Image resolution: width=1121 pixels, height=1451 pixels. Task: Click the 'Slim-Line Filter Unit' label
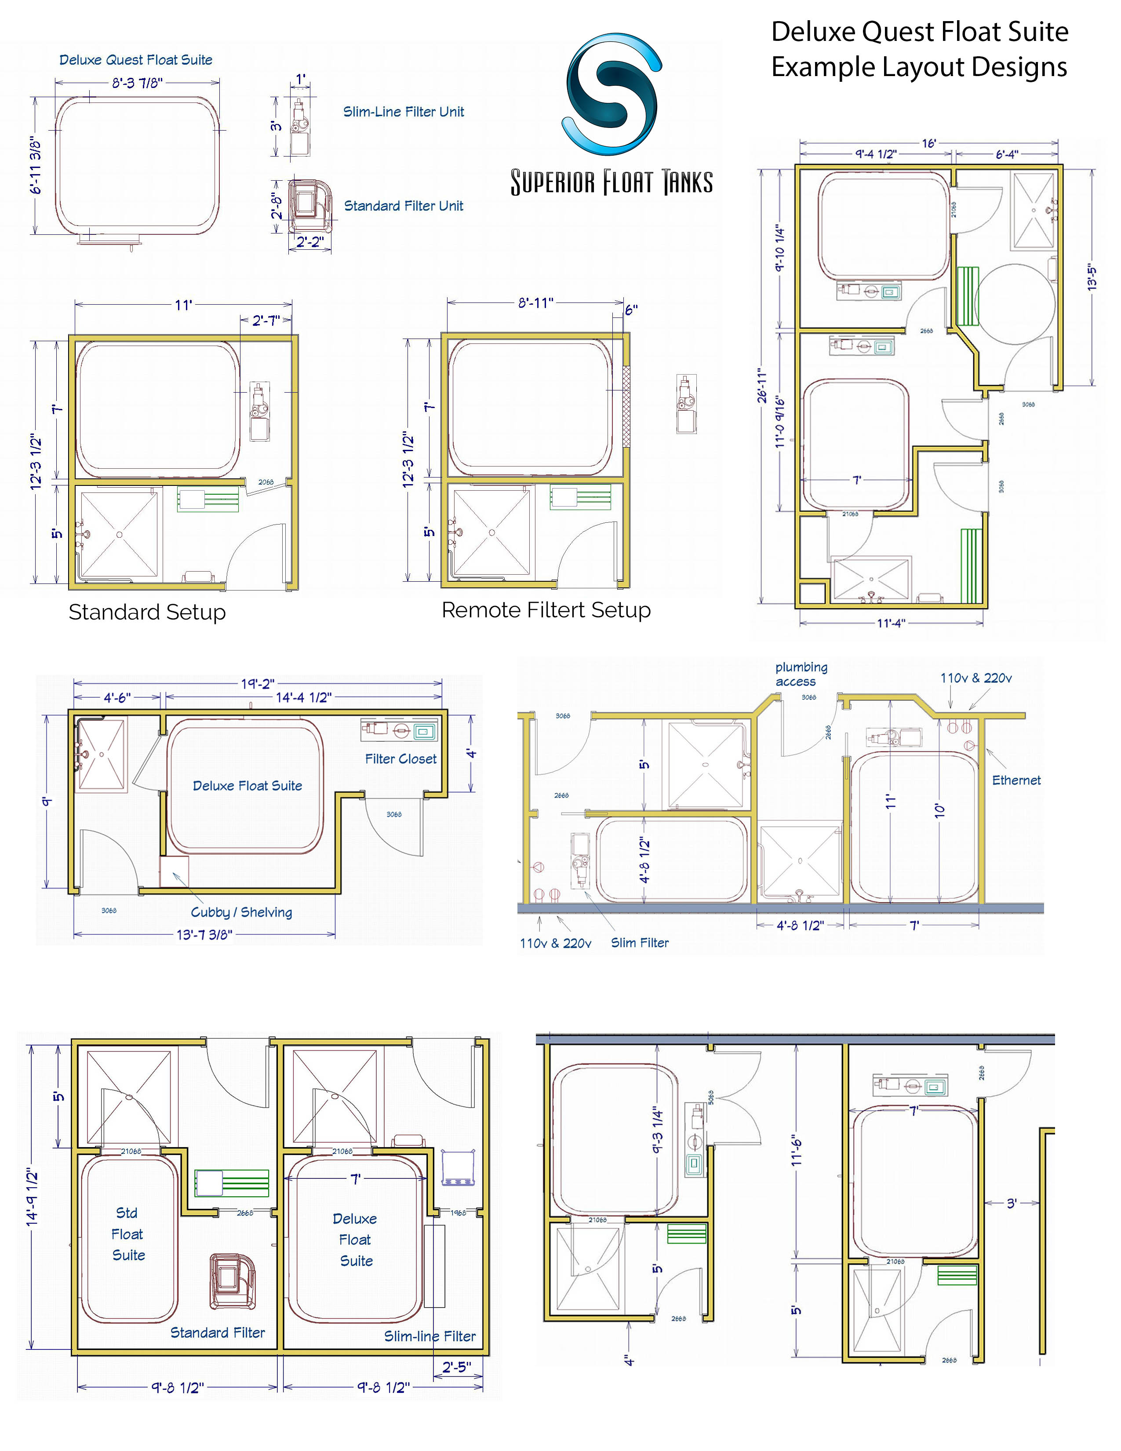(403, 112)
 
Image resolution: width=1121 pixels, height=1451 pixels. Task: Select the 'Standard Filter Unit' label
(403, 206)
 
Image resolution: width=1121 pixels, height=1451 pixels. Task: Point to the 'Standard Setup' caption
(147, 612)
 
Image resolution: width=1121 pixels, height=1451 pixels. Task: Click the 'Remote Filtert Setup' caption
(546, 610)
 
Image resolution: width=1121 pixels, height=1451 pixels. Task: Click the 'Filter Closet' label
(400, 759)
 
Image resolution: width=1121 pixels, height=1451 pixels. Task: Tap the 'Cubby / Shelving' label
(241, 912)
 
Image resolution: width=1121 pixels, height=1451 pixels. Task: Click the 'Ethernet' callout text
(1016, 780)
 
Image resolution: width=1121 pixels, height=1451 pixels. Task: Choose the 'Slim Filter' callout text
(640, 943)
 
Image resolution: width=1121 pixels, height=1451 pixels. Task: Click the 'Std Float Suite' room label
(127, 1234)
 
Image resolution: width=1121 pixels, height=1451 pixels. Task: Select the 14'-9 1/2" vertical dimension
(32, 1196)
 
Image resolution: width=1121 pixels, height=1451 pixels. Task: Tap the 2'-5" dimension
(457, 1367)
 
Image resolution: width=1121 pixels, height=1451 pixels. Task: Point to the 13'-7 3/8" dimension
(204, 935)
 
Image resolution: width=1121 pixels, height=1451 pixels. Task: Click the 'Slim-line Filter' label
(429, 1336)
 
